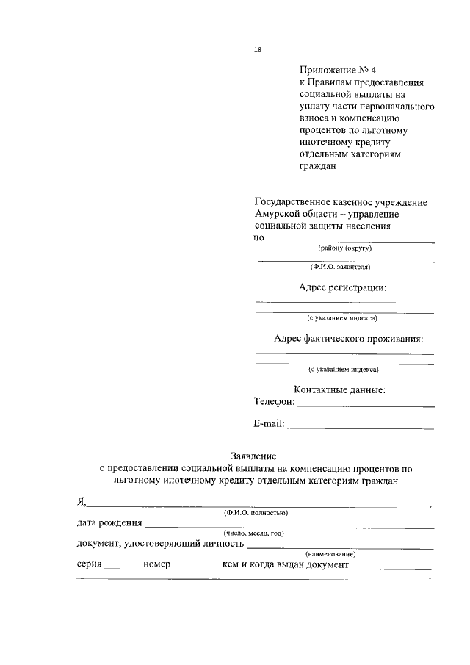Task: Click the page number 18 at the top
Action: click(x=257, y=50)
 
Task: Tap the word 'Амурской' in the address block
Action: click(x=279, y=214)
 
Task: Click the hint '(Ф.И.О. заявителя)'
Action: click(x=344, y=267)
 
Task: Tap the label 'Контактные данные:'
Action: click(x=339, y=390)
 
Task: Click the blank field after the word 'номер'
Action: click(x=196, y=567)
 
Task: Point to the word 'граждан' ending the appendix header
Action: click(x=317, y=166)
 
